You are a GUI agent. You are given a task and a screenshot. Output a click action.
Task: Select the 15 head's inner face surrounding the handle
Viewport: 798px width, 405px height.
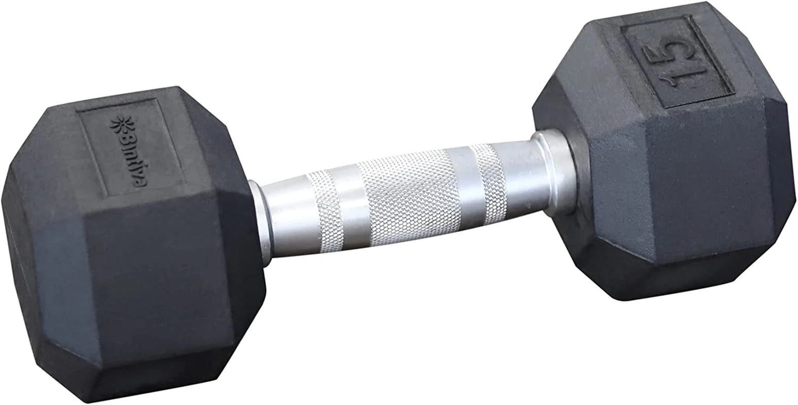558,213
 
